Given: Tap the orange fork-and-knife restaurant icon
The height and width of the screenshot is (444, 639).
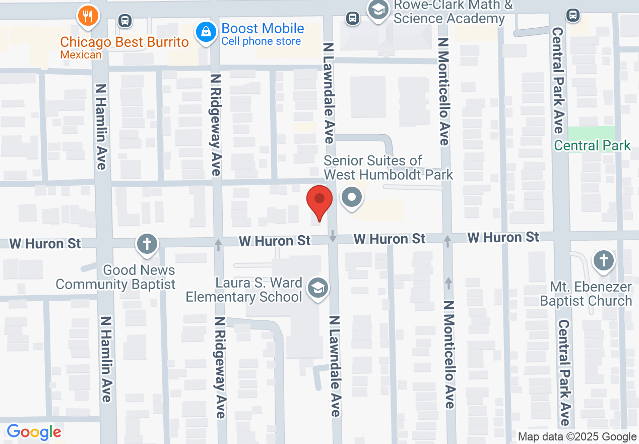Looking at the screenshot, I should tap(88, 16).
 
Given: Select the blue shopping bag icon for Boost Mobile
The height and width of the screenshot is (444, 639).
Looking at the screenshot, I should tap(206, 32).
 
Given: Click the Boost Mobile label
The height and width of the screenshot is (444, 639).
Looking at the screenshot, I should tap(263, 28).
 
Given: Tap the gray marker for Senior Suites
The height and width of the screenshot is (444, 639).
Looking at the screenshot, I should tap(352, 197).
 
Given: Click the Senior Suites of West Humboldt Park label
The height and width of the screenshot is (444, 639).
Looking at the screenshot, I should tap(388, 168).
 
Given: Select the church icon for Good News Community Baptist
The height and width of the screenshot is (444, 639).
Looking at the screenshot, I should tap(147, 245).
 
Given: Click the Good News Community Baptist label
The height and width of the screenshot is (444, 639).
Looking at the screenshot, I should tap(115, 277).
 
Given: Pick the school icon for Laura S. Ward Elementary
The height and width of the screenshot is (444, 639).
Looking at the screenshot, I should tap(318, 289).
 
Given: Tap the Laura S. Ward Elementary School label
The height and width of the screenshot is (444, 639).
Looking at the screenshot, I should tap(244, 290).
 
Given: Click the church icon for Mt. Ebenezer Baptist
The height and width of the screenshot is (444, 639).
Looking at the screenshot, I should tap(603, 261).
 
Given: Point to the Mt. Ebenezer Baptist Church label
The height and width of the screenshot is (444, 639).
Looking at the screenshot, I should tap(586, 294).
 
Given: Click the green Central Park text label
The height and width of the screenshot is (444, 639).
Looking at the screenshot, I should tap(592, 146).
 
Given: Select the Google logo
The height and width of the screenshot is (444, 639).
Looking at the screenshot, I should tap(34, 432).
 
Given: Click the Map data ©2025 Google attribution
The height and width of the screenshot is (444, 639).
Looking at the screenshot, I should tap(578, 437).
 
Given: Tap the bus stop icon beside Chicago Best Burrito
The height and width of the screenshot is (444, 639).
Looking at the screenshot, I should tap(124, 21).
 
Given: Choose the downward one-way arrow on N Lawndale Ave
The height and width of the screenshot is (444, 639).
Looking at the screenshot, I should tap(333, 235).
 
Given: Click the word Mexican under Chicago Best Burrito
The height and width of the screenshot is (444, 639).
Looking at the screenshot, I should tap(81, 54).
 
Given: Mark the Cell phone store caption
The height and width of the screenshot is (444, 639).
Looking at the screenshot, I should tap(261, 41).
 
